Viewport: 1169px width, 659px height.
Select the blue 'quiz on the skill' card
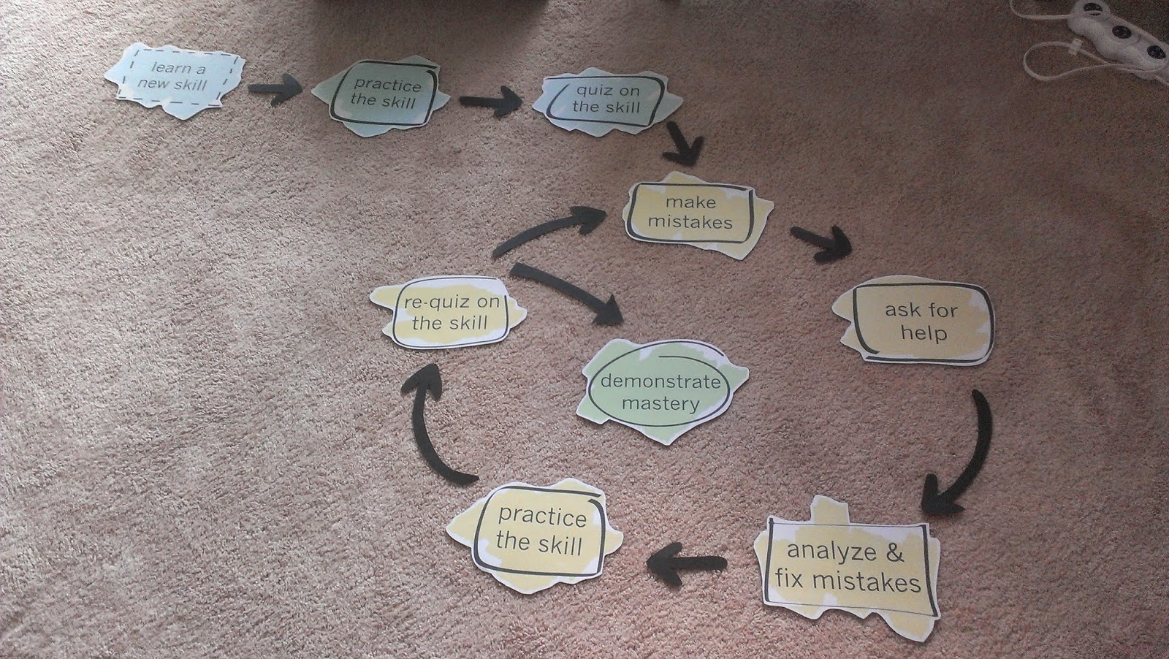tap(606, 100)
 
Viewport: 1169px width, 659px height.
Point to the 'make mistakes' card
tap(690, 212)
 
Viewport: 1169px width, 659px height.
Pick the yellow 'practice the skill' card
tap(539, 532)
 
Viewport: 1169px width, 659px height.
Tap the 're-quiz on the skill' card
tap(449, 313)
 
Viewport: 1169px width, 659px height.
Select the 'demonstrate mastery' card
tap(660, 392)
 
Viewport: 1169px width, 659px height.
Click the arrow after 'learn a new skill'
tap(275, 89)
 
